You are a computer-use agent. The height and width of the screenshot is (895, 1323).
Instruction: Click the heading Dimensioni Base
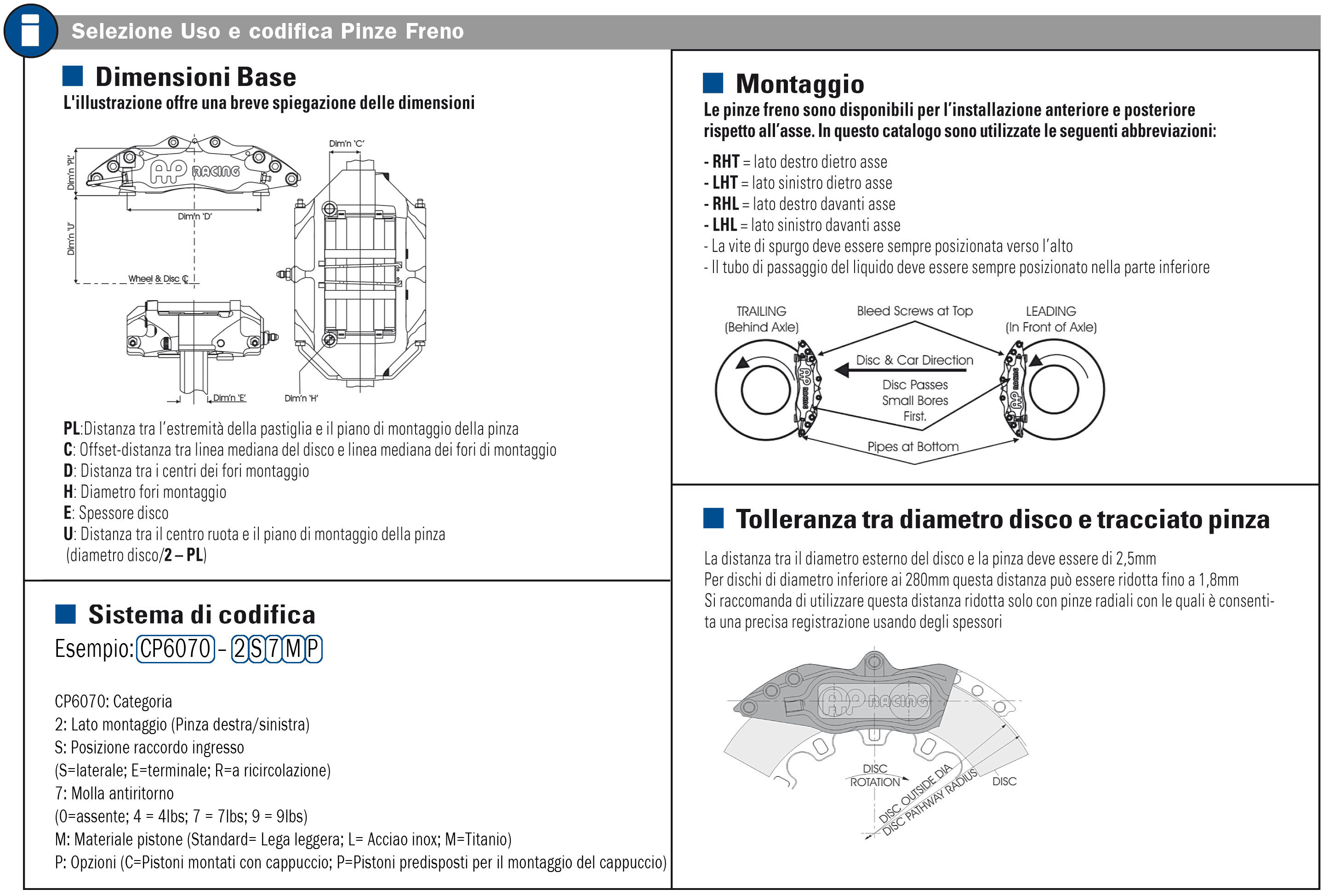[195, 77]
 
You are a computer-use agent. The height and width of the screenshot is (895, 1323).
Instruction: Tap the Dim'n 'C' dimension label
[346, 143]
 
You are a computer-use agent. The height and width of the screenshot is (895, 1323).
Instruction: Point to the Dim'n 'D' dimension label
[195, 217]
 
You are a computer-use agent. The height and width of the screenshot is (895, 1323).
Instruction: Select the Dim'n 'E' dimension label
[229, 398]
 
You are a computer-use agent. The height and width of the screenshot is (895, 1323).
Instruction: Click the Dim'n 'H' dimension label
[301, 399]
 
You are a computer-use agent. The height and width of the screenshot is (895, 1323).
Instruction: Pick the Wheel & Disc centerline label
[158, 279]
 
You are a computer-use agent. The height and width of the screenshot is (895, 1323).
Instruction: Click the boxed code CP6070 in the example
[175, 649]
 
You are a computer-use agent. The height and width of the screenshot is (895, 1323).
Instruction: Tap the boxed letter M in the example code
[293, 649]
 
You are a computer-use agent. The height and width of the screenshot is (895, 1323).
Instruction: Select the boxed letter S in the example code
[257, 649]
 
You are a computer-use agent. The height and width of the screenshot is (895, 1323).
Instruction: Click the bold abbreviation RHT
[725, 162]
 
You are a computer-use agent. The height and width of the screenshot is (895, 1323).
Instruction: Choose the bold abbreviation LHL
[724, 225]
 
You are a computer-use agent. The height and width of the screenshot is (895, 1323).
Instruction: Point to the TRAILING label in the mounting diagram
[761, 311]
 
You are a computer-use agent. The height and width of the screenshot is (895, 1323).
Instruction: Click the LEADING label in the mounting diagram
[1050, 311]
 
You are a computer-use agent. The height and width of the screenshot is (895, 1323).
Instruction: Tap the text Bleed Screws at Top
[914, 311]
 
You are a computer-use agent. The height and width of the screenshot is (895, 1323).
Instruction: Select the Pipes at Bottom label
[912, 446]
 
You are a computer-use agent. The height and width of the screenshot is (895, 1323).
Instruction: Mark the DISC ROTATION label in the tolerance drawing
[875, 775]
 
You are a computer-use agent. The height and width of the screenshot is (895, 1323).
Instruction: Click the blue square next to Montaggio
[713, 83]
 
